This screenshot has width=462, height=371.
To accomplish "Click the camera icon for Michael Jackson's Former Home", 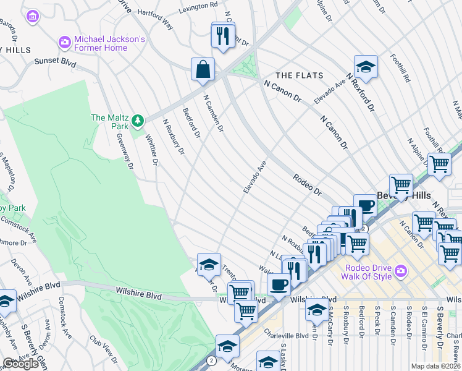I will pos(64,43).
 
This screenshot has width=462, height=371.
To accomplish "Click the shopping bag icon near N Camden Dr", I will pos(203,70).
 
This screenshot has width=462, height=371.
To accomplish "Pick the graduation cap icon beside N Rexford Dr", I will pos(366,68).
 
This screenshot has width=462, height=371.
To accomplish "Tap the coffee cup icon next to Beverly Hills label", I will pos(366,206).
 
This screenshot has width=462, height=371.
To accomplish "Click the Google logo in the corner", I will pos(20,364).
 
